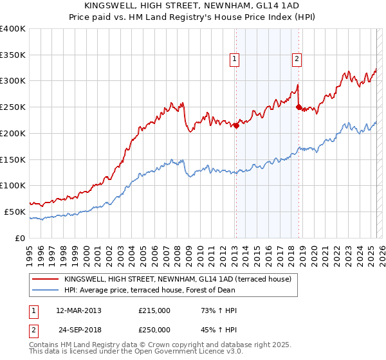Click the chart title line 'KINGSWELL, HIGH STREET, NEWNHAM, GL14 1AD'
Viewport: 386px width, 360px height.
tap(192, 6)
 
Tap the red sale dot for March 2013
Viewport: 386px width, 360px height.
tap(236, 125)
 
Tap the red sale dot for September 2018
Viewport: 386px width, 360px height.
tap(299, 107)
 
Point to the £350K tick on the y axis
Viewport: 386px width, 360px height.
tap(13, 55)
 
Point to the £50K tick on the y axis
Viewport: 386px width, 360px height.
tap(15, 212)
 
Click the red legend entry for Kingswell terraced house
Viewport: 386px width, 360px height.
tap(178, 279)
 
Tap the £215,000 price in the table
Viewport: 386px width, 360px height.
tap(154, 310)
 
